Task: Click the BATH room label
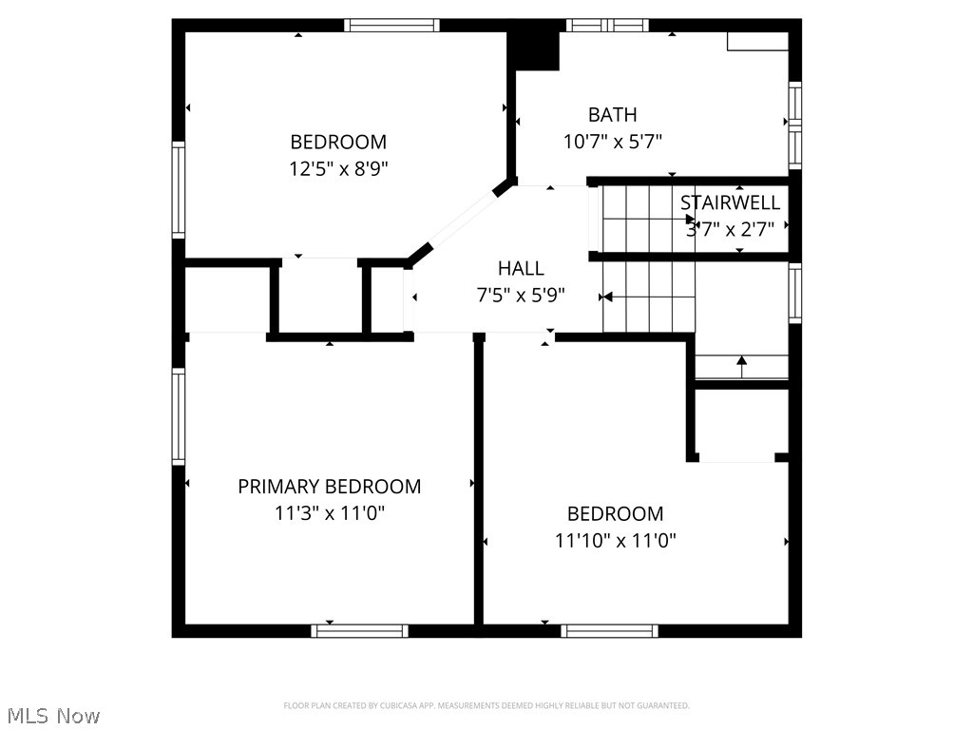(x=612, y=115)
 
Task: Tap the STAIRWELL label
(x=730, y=202)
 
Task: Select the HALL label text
(x=521, y=268)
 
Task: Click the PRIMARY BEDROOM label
(x=329, y=487)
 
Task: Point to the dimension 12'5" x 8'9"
(x=339, y=169)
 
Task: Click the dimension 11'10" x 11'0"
(x=615, y=541)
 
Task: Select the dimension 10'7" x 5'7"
(x=612, y=142)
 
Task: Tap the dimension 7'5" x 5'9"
(x=521, y=295)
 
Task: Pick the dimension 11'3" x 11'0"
(x=329, y=513)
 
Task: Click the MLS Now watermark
(x=53, y=715)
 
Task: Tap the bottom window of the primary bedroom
(x=360, y=630)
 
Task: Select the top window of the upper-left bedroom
(x=391, y=26)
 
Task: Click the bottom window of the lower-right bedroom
(x=609, y=630)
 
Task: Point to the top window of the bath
(x=607, y=26)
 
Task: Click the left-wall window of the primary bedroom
(x=179, y=416)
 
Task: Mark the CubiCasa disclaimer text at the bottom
(x=486, y=705)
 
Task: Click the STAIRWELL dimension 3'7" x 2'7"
(x=730, y=228)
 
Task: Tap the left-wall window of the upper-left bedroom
(x=179, y=189)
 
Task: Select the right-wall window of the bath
(x=794, y=125)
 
